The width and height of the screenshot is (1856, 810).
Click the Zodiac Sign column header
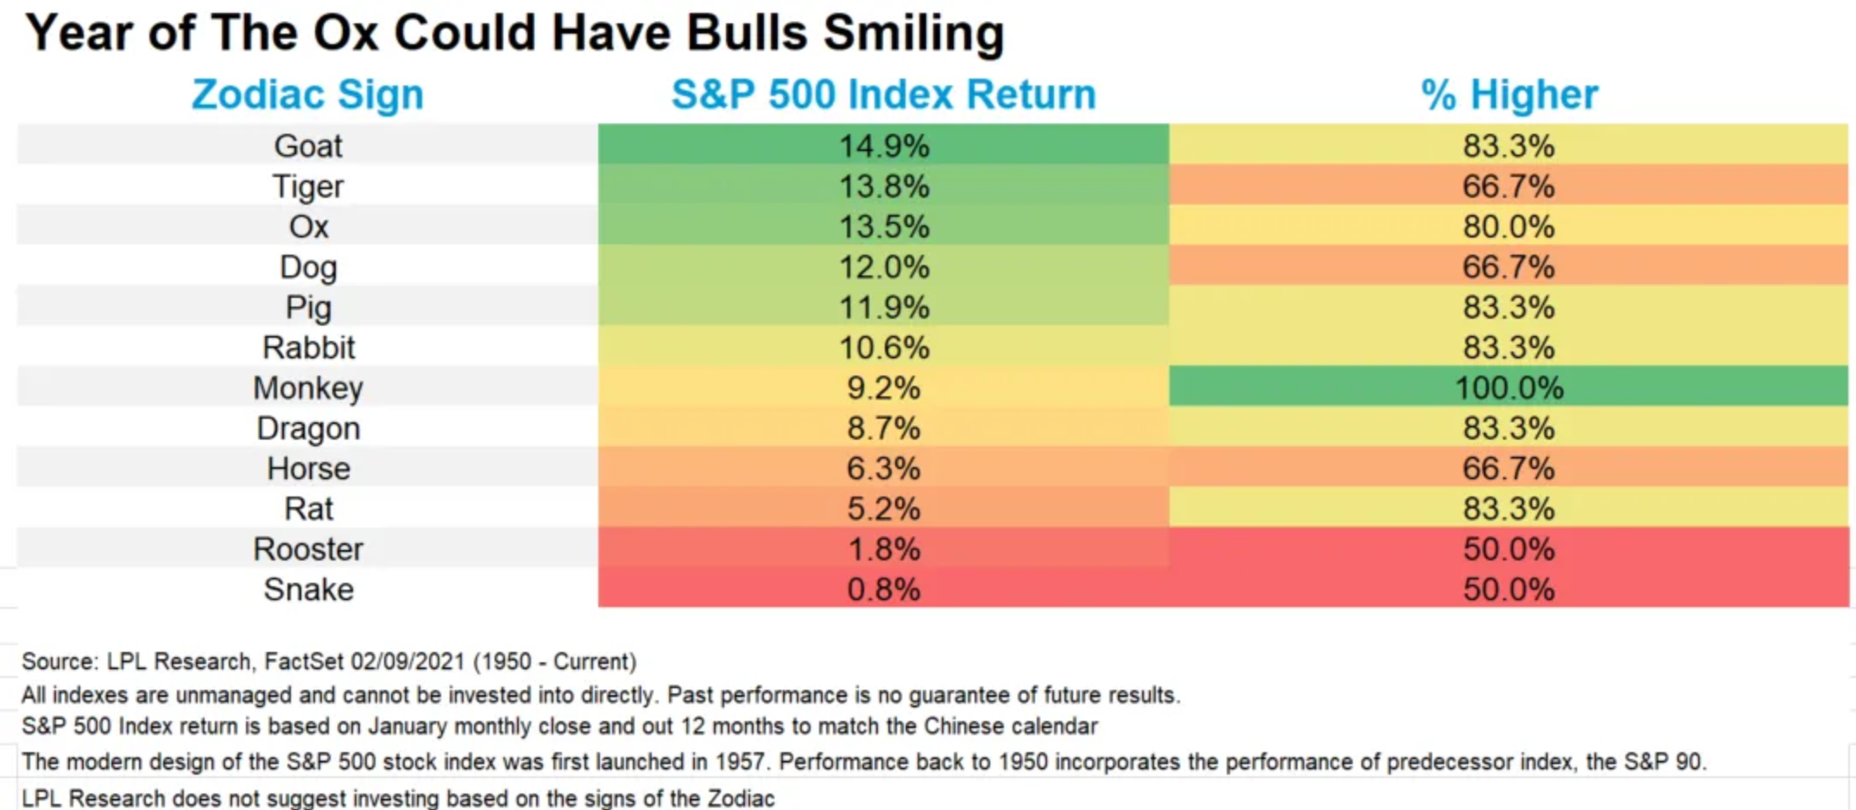tap(307, 94)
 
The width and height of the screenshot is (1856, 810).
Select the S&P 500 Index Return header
tap(883, 94)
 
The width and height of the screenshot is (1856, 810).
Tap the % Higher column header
tap(1508, 94)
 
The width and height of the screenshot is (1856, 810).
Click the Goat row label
tap(308, 146)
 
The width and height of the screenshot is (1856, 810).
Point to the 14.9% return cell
tap(883, 146)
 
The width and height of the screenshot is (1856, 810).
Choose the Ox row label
tap(308, 227)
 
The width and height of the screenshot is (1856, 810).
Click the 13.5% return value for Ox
tap(883, 227)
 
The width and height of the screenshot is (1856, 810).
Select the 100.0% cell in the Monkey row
tap(1508, 389)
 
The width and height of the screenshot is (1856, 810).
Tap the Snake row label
tap(308, 590)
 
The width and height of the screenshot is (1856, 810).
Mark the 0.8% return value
tap(883, 590)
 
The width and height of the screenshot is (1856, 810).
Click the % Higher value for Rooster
tap(1508, 549)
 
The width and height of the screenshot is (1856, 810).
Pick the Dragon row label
tap(308, 428)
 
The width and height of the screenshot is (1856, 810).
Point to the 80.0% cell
tap(1508, 227)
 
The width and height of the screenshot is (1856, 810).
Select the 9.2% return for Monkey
tap(883, 389)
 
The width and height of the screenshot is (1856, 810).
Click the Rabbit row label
tap(308, 348)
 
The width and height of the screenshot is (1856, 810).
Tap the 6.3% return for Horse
tap(883, 469)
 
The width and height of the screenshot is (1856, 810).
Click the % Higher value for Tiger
tap(1508, 187)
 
